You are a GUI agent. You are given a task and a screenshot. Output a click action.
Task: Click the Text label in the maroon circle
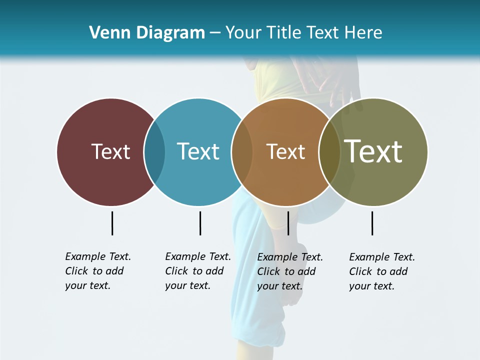[110, 151]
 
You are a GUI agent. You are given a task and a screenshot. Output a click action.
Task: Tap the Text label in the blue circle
[198, 151]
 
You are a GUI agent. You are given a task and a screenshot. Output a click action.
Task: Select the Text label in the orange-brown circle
[285, 151]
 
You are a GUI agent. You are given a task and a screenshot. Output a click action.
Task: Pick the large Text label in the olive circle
[373, 151]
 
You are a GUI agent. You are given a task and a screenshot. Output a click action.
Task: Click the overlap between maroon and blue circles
[154, 152]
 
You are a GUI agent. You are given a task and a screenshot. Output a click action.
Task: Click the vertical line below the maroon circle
[112, 223]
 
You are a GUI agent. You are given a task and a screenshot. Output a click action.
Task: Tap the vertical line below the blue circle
[200, 223]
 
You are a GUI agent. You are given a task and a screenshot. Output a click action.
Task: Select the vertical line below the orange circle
[288, 223]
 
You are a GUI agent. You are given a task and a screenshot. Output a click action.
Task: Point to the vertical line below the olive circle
[372, 223]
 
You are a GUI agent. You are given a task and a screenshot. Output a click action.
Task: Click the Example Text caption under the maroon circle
[98, 271]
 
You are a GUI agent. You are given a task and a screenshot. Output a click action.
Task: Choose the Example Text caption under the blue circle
[198, 271]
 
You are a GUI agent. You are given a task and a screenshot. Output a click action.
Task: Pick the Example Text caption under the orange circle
[290, 271]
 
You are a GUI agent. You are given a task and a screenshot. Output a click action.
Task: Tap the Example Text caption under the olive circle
[382, 271]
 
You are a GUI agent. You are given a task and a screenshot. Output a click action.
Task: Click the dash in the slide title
[215, 33]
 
